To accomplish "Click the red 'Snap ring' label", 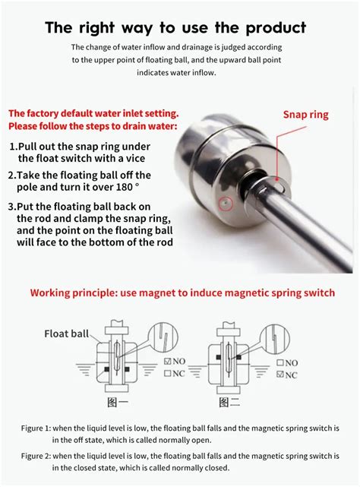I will click(x=305, y=115).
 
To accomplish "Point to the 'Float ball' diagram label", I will click(x=66, y=333).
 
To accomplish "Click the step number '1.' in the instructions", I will click(x=14, y=147).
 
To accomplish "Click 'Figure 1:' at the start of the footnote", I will click(x=36, y=428).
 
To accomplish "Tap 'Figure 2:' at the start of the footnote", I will click(x=36, y=455).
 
